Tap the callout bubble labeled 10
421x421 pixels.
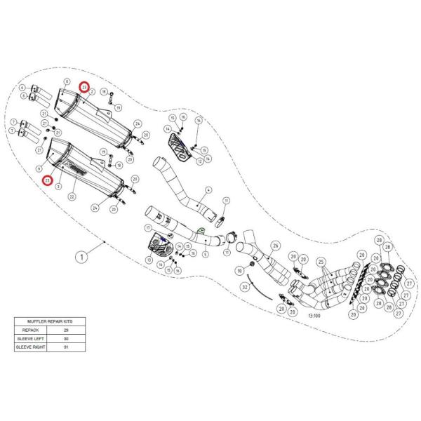point(239,270)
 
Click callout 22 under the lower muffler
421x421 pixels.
point(72,197)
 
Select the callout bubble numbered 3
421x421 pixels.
point(58,187)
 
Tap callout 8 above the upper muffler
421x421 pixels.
point(67,82)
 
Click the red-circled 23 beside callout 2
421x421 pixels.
point(84,88)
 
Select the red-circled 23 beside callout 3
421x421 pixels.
point(47,181)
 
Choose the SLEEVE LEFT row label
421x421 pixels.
point(30,338)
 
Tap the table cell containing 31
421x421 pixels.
point(65,347)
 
